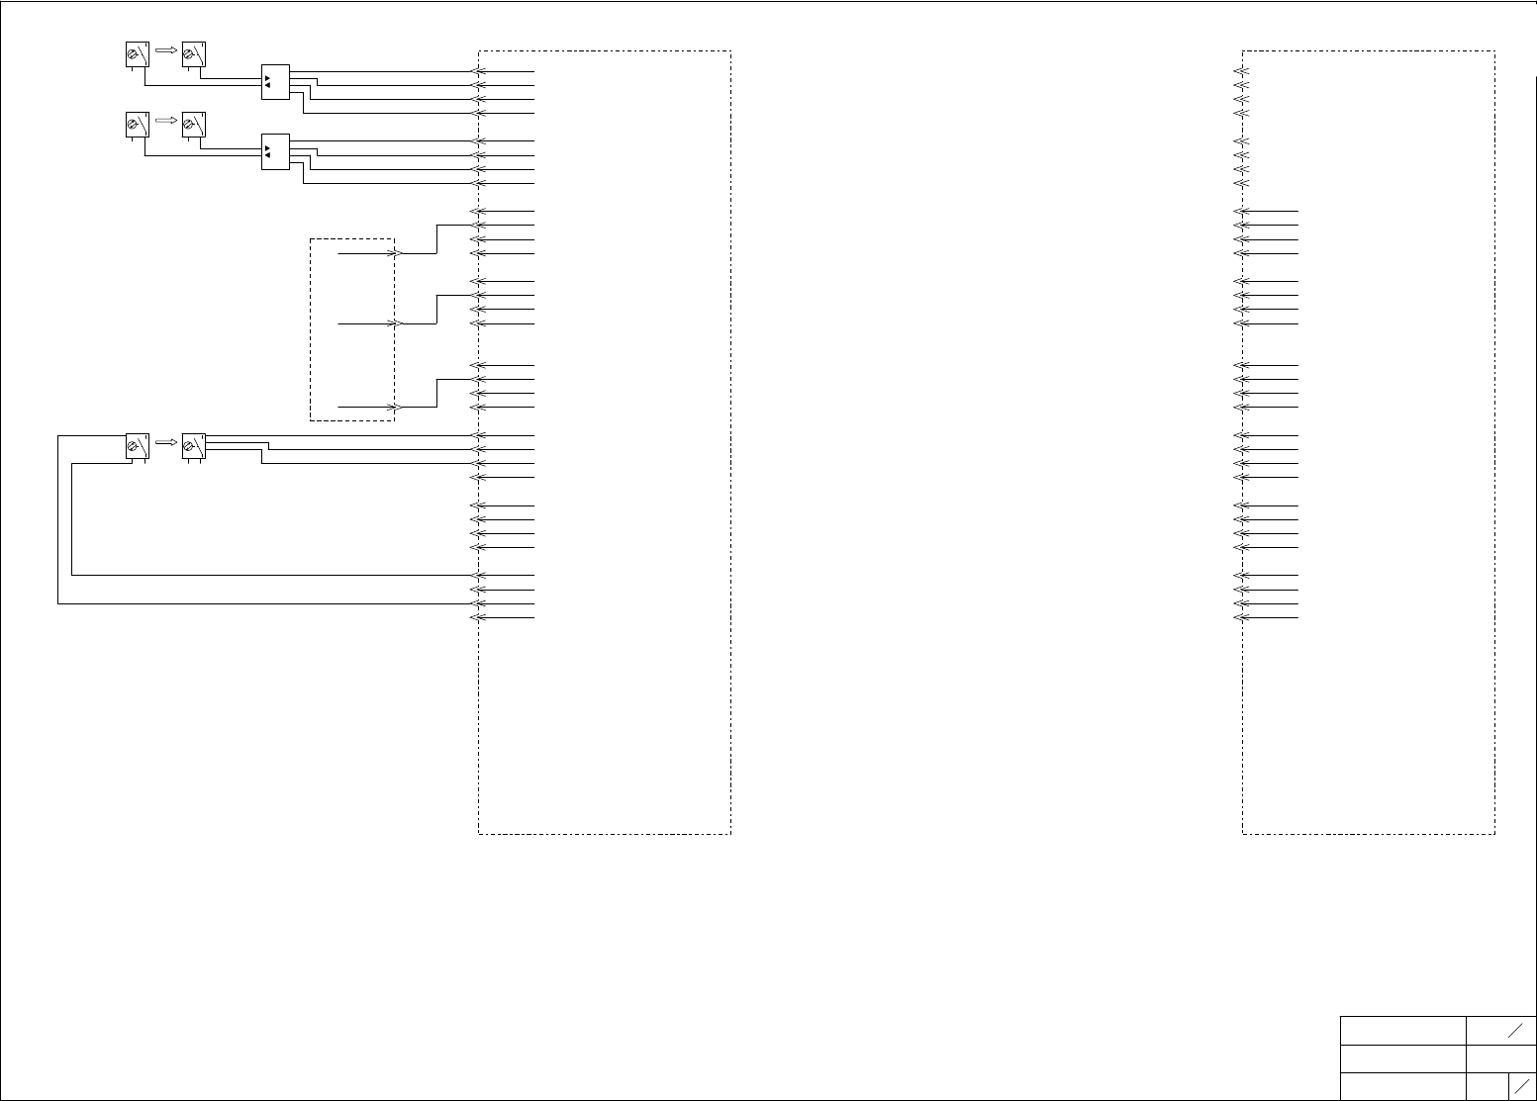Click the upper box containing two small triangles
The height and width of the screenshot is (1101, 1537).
point(275,81)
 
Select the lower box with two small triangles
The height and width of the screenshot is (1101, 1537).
point(275,151)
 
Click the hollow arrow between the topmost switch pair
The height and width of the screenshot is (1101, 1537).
point(165,49)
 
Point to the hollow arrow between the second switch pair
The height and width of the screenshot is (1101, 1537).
point(165,120)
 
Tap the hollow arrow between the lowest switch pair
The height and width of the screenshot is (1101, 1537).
point(165,442)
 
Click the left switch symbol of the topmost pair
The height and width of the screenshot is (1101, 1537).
point(137,55)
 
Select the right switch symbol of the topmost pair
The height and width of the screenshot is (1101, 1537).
point(193,55)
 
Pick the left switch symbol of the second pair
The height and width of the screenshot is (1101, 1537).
point(137,126)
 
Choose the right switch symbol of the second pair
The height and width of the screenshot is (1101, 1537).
point(193,126)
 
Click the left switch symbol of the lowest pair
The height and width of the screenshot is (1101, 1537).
point(137,446)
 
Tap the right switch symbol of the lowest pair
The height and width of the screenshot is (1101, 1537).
point(193,446)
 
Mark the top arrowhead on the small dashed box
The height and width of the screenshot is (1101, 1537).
point(394,253)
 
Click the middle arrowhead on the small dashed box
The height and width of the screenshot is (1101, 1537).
point(394,323)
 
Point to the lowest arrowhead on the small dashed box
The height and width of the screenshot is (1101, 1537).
point(394,407)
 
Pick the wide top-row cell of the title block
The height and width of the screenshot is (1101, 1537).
point(1402,1030)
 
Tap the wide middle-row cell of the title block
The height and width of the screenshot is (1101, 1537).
point(1402,1058)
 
